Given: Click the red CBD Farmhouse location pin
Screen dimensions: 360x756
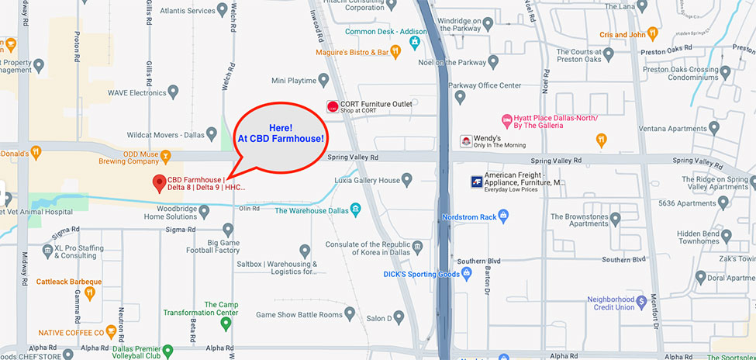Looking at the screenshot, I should click(160, 183).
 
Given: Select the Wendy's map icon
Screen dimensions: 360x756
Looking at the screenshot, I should click(466, 141).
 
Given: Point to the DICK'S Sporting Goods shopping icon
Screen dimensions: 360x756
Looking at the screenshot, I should click(467, 274).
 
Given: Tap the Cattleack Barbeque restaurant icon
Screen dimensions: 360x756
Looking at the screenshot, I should click(89, 292).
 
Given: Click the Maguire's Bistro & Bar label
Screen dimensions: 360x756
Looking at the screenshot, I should click(351, 52).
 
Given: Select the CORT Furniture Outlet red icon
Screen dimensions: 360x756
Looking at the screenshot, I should click(333, 106).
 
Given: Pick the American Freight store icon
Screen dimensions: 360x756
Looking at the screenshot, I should click(477, 182).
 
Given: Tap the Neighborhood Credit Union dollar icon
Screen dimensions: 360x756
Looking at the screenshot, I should click(641, 301).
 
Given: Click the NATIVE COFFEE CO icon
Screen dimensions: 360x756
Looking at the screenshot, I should click(112, 333).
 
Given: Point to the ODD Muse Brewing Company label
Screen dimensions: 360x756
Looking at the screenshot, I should click(128, 158).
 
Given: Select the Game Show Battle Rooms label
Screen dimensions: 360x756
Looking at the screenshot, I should click(299, 314).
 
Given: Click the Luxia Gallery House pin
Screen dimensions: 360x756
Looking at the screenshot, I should click(408, 181).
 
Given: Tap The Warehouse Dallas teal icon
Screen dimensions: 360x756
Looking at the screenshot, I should click(355, 209).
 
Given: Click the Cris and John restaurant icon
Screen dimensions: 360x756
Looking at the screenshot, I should click(652, 34).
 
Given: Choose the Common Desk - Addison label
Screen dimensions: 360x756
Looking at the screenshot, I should click(375, 31).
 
